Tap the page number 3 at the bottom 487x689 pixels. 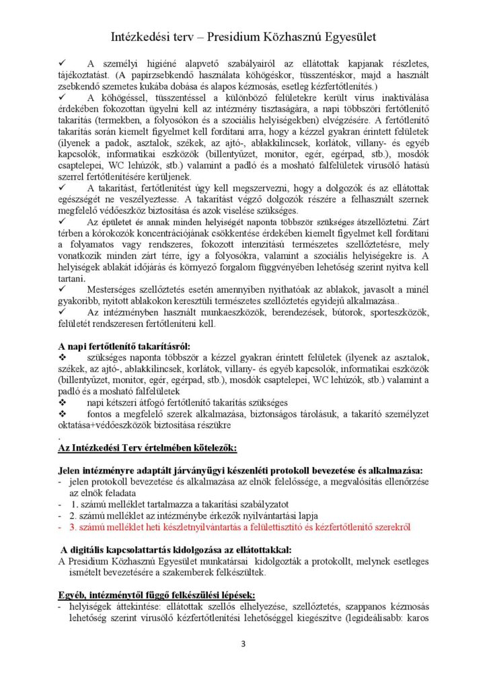[243, 644]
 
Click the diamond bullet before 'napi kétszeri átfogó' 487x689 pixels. [63, 402]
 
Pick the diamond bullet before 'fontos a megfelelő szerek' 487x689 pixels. [63, 414]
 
